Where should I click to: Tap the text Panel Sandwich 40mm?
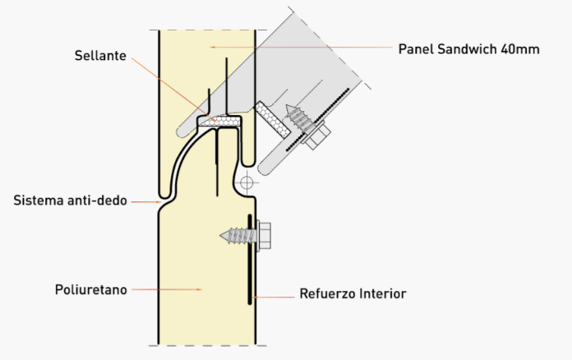468,48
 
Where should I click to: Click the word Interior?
380,293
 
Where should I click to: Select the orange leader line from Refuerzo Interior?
276,293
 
